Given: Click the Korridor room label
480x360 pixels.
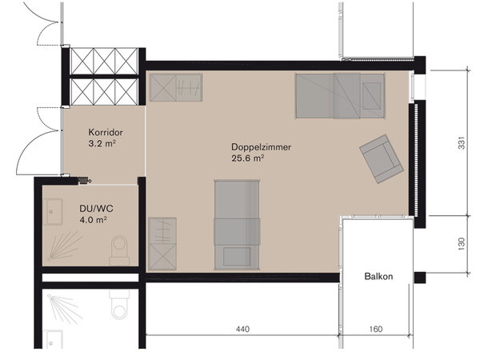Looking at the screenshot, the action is click(106, 133).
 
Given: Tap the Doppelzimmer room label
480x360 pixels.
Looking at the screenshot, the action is click(261, 147).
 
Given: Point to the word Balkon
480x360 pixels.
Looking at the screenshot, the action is click(378, 277).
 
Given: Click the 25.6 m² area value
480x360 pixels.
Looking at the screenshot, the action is click(248, 158).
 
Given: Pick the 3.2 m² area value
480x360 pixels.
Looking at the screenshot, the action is click(102, 143).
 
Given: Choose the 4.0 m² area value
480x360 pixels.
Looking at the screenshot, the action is click(93, 220).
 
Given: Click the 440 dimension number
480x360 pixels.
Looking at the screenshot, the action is click(242, 329).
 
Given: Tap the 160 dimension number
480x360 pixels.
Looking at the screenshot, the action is click(376, 329).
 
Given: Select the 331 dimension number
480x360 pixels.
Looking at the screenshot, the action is click(462, 142).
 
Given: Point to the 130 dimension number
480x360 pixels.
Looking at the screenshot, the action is click(462, 244).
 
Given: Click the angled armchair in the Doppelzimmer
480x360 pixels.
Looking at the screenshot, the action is click(382, 159).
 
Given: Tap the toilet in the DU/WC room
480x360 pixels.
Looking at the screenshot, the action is click(119, 250).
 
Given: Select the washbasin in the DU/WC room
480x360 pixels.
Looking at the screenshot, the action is click(53, 212).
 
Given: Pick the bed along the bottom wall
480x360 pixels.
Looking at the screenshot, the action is click(238, 225).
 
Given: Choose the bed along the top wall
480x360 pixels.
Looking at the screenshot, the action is click(340, 96).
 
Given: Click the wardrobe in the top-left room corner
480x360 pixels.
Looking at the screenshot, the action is click(176, 87).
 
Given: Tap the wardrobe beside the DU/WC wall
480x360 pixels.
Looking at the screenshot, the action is click(162, 244).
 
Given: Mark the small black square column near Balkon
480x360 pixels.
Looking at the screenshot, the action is click(420, 278).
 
